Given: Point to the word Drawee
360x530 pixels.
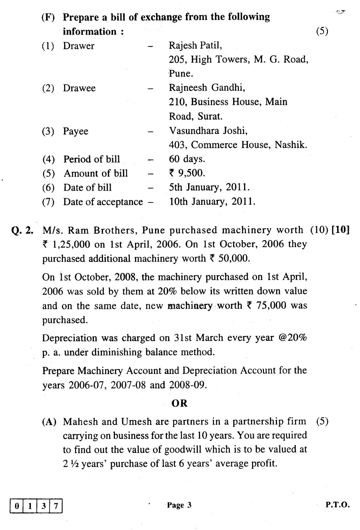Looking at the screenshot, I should (79, 88).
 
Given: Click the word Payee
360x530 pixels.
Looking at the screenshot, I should (76, 131).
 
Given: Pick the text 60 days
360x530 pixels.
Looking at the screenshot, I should (187, 159).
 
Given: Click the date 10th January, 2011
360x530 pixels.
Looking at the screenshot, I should (212, 202).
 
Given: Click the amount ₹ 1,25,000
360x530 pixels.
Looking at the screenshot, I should (66, 244).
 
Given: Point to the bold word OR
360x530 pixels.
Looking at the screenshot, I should (180, 403).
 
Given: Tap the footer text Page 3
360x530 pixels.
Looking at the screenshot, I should (179, 505).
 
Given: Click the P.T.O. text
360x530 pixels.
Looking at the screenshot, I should (337, 505).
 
